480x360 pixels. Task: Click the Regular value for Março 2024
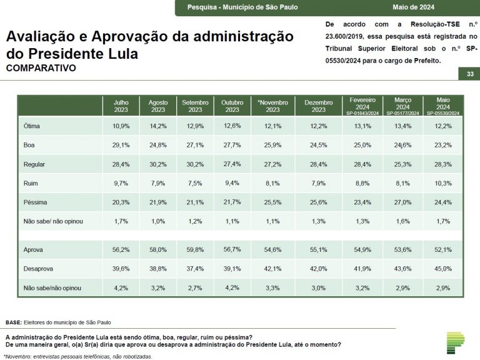402,164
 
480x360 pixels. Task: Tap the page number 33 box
469,74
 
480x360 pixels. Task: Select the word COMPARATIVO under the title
41,67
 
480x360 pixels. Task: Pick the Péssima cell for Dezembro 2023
318,203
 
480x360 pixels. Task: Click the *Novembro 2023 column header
272,105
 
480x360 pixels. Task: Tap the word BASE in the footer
13,322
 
